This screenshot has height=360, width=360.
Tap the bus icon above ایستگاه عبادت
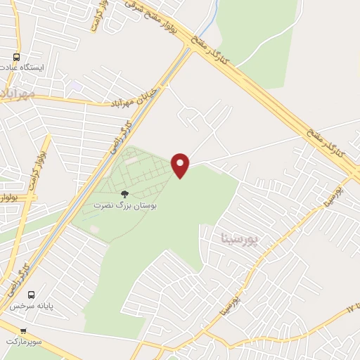[x=15, y=57]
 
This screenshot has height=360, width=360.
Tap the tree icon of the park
[x=124, y=193]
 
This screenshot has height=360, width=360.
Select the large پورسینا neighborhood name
[x=240, y=238]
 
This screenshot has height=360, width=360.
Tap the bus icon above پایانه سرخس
[x=30, y=295]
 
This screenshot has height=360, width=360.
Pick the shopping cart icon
[x=22, y=330]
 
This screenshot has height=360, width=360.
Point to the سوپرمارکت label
[x=25, y=341]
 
